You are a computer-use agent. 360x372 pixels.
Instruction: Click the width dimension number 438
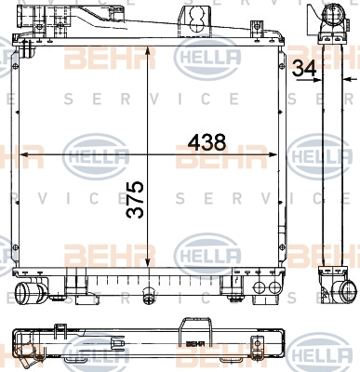click(207, 142)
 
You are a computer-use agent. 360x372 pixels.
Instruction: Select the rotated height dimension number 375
click(135, 200)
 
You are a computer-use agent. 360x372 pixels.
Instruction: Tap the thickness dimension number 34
click(304, 68)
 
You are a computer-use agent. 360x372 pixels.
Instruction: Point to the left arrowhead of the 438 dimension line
click(24, 154)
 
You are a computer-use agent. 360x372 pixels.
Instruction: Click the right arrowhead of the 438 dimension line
click(272, 154)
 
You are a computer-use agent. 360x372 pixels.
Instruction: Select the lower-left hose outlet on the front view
click(25, 291)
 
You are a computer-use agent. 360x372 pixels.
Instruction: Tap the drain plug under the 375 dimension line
click(148, 294)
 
